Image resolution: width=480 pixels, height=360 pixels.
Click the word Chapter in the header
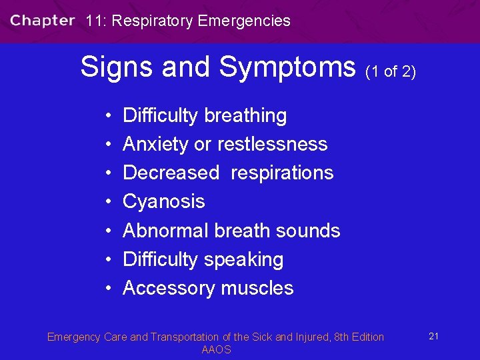[43, 21]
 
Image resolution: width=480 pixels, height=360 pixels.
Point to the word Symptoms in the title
[287, 67]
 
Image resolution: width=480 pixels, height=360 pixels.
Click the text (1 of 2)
[391, 71]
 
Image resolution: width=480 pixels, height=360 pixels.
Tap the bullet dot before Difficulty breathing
[107, 116]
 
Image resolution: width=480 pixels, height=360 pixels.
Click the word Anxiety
[157, 145]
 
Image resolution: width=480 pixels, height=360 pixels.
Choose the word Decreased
[171, 173]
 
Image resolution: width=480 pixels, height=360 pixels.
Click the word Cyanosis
[164, 201]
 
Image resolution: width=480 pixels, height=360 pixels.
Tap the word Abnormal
[166, 231]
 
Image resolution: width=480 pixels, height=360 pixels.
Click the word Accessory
[166, 288]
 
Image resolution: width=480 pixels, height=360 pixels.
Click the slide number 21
[433, 336]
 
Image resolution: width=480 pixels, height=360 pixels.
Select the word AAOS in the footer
[216, 350]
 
